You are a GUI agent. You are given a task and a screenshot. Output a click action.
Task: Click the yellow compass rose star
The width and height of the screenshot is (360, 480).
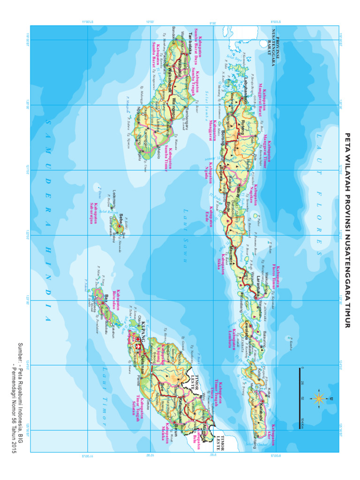click(319, 398)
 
